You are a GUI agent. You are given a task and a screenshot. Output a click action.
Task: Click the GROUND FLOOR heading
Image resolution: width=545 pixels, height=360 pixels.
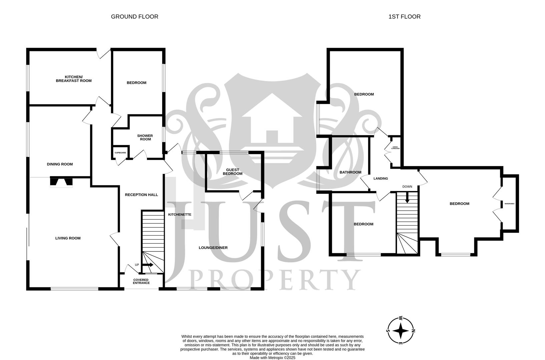(134, 16)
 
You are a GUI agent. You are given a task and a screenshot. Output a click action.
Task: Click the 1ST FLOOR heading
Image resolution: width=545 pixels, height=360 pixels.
(404, 16)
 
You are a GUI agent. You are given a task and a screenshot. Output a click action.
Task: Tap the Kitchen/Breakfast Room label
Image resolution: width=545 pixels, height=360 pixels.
(73, 79)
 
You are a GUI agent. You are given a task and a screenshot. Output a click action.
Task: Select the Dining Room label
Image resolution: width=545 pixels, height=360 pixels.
(60, 164)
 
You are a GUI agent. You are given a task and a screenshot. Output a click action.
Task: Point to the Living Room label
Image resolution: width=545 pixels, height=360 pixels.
(68, 238)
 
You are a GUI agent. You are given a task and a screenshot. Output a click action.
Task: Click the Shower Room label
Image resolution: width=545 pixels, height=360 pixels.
(145, 137)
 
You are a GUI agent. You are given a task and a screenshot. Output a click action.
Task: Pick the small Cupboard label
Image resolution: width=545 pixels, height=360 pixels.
(120, 153)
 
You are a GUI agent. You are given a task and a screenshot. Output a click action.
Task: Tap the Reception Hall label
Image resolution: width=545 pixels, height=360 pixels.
(141, 195)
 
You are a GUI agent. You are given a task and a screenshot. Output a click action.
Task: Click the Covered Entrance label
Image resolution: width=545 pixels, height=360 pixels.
(141, 281)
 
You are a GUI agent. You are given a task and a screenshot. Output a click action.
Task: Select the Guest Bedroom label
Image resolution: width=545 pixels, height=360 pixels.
(232, 172)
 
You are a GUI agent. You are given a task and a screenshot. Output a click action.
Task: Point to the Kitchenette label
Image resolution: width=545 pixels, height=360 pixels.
(179, 214)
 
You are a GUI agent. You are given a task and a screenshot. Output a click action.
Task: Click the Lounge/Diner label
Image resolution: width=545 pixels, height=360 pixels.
(213, 248)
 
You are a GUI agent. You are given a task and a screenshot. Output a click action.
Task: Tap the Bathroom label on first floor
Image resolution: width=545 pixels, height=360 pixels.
(350, 172)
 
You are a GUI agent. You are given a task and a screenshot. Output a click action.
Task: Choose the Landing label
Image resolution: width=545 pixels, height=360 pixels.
(381, 179)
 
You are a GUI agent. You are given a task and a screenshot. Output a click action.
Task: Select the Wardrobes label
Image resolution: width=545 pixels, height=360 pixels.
(509, 203)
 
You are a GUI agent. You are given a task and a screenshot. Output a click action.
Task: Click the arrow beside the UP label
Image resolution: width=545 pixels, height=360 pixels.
(149, 265)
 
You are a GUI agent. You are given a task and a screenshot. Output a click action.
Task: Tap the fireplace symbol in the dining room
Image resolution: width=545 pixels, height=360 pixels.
(61, 182)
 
